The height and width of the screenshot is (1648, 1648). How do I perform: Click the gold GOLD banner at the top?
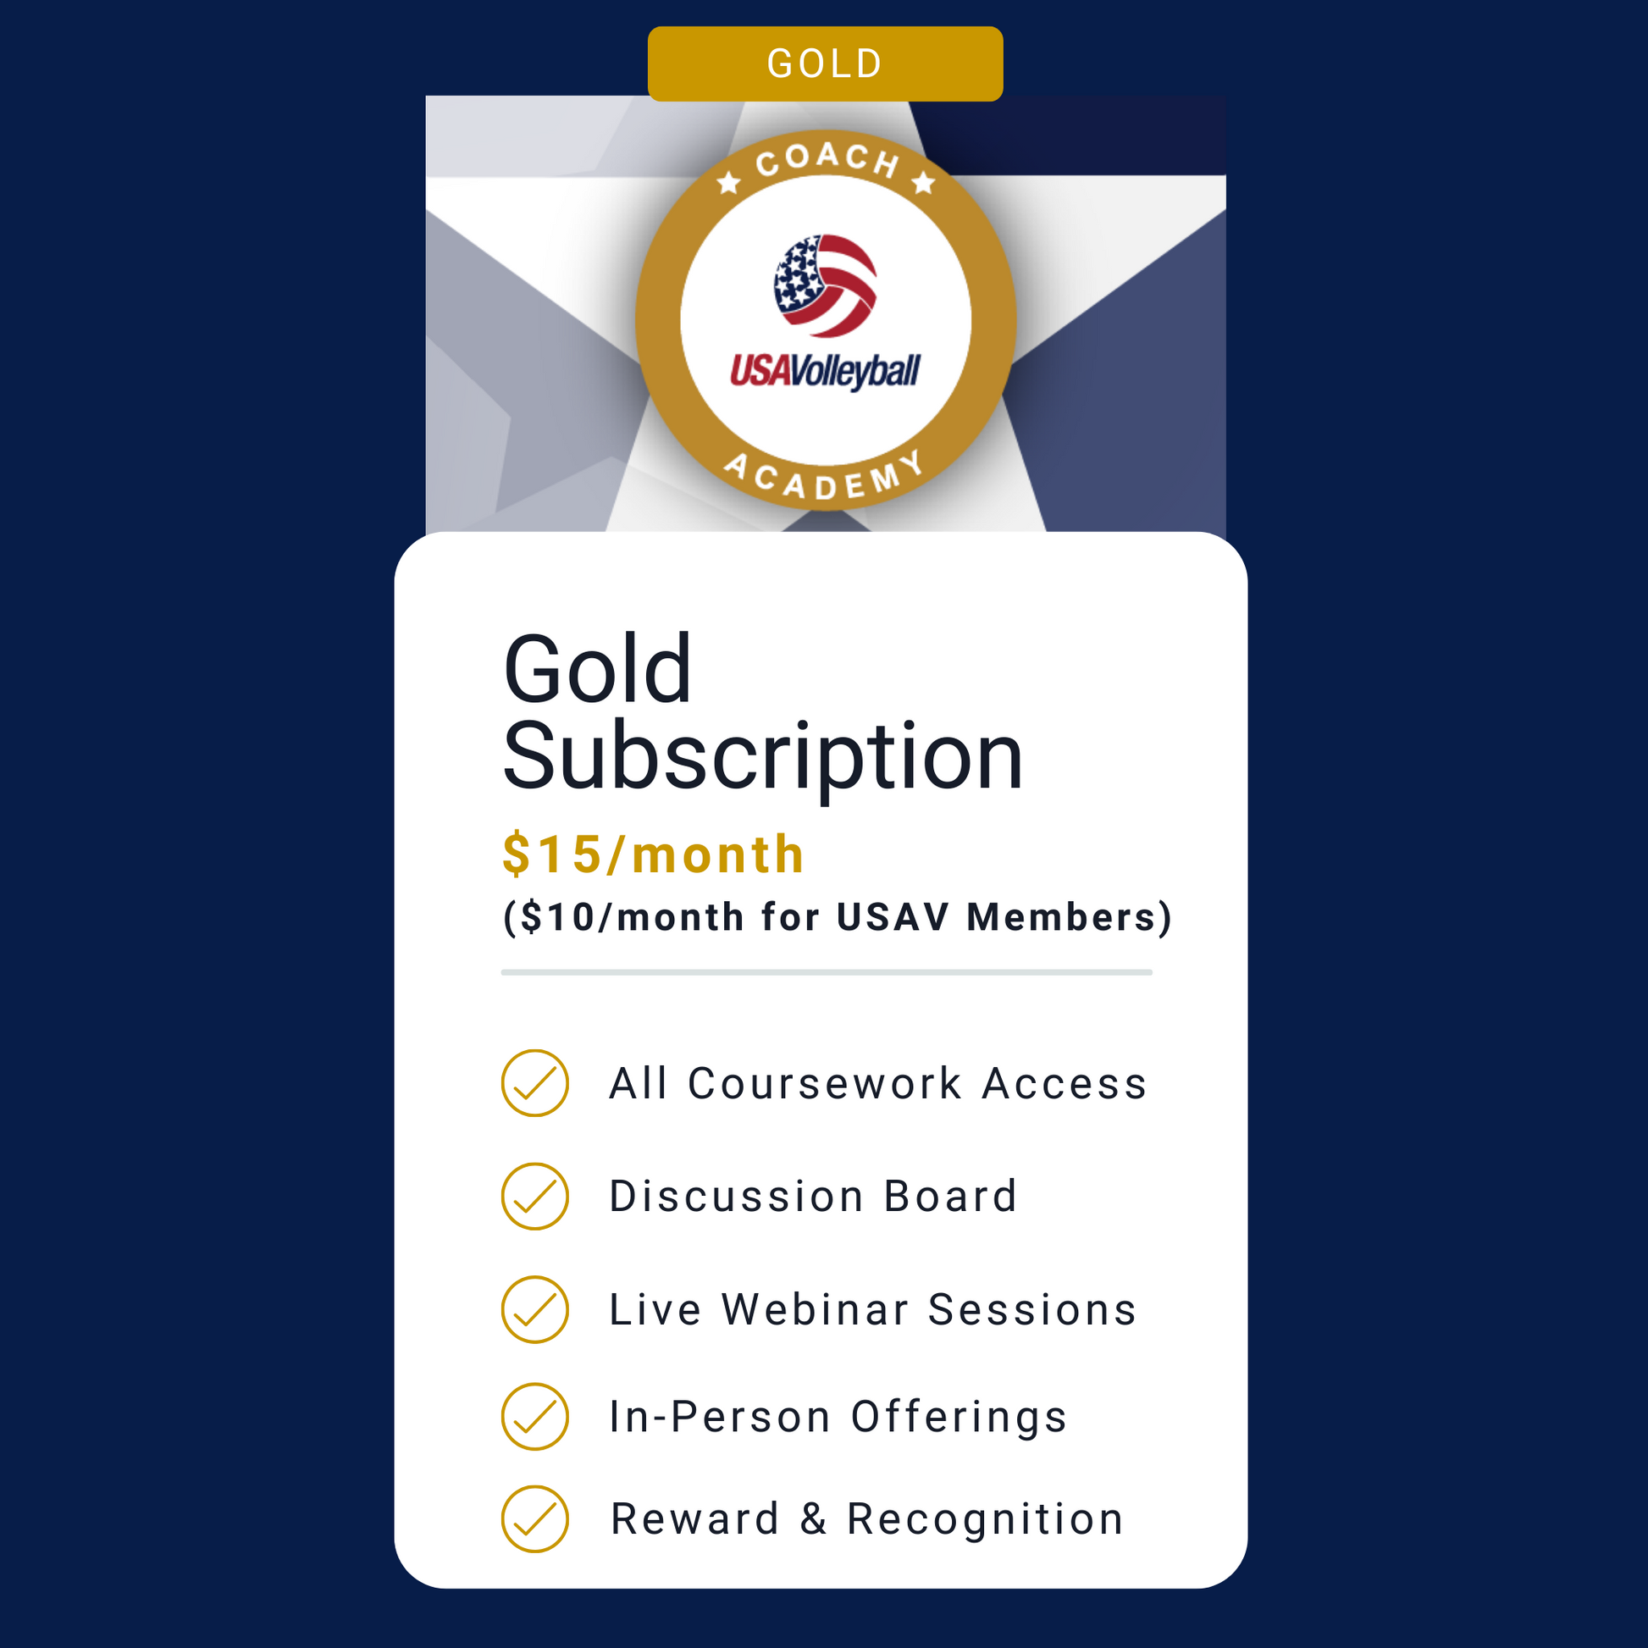point(825,64)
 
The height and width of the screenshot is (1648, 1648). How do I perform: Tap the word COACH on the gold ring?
point(827,158)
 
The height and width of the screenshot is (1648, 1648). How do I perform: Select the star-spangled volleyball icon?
point(825,285)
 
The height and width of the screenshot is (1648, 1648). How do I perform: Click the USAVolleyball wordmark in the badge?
point(825,372)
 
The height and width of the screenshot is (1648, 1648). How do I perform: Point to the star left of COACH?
point(728,182)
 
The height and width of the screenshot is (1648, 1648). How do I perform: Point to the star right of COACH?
point(923,182)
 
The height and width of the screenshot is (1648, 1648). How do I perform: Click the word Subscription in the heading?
point(762,756)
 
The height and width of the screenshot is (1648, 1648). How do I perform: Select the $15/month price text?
point(654,854)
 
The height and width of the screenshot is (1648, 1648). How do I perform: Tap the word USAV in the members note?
point(893,917)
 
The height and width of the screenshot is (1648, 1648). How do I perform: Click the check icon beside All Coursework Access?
point(535,1083)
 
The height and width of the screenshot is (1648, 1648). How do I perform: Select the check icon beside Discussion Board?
point(535,1196)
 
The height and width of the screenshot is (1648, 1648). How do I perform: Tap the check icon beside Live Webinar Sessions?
point(535,1309)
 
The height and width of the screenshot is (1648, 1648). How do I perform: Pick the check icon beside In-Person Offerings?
point(535,1416)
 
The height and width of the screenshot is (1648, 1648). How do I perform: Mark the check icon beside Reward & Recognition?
point(535,1519)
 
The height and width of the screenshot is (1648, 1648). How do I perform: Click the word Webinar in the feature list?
point(816,1309)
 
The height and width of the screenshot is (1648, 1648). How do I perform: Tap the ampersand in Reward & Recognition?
point(814,1519)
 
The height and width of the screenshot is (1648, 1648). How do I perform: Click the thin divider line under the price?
point(827,972)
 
